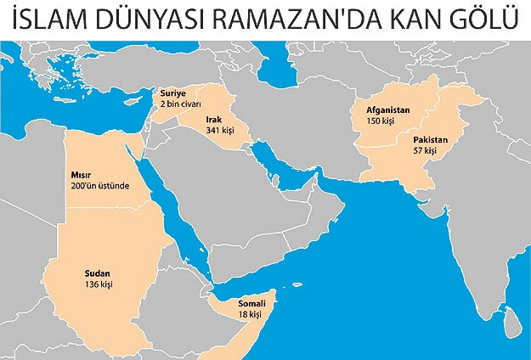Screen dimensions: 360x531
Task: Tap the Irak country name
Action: coord(212,121)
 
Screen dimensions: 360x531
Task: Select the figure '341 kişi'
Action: coord(219,132)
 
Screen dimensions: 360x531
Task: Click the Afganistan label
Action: coord(388,110)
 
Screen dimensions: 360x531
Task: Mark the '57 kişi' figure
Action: coord(425,150)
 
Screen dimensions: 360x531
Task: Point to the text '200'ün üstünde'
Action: coord(99,186)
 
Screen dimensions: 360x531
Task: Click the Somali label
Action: coord(254,303)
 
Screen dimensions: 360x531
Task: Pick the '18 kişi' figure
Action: coord(251,314)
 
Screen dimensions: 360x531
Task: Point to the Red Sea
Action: coord(187,212)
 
